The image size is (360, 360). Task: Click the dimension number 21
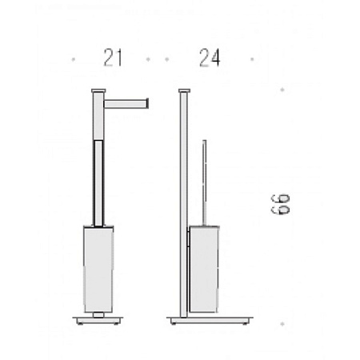coord(113,58)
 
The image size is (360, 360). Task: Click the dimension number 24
coord(210,58)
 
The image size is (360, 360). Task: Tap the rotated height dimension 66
coord(280,205)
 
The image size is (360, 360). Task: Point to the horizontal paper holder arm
coord(126,103)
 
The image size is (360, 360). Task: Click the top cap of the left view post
coord(98,90)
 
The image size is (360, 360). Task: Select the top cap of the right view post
coord(184,90)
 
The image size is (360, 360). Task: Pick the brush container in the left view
coord(98,270)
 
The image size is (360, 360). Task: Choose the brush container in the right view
coord(204,270)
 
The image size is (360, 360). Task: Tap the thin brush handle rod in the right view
coord(204,183)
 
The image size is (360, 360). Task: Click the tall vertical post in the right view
coord(184,205)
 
